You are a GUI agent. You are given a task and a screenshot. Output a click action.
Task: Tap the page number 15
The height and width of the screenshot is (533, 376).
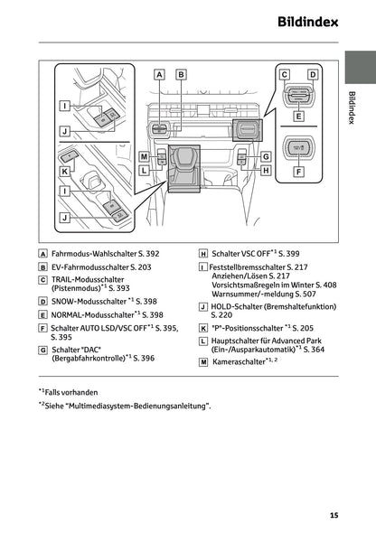[334, 515]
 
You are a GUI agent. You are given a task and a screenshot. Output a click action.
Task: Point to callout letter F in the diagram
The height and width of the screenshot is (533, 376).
[298, 171]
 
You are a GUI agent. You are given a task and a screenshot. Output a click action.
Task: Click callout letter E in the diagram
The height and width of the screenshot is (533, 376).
[298, 116]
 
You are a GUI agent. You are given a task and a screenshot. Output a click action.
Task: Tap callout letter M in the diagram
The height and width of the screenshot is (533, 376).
[145, 157]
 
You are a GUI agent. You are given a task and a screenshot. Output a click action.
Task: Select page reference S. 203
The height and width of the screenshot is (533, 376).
[137, 267]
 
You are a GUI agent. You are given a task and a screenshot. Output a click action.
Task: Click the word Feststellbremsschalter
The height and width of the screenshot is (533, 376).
[247, 267]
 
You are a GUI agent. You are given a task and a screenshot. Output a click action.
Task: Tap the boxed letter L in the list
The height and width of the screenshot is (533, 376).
[202, 341]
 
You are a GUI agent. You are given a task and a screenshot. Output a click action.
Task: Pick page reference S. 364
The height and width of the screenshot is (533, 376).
[311, 349]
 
